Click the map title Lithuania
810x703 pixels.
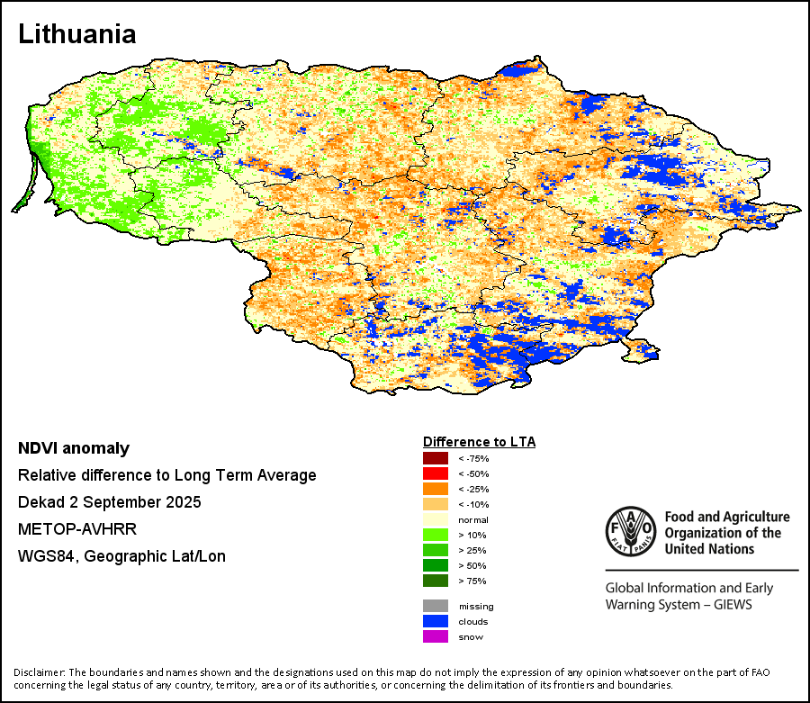pyautogui.click(x=77, y=35)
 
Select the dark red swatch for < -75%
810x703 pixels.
pyautogui.click(x=436, y=458)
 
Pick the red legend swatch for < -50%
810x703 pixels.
pyautogui.click(x=436, y=473)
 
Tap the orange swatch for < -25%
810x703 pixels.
pyautogui.click(x=436, y=489)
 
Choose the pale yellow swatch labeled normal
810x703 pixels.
pyautogui.click(x=436, y=519)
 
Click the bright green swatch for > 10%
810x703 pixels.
pyautogui.click(x=436, y=535)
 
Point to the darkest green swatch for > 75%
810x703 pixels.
pyautogui.click(x=436, y=581)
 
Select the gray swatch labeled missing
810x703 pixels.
pyautogui.click(x=436, y=606)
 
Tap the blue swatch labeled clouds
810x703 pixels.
pyautogui.click(x=436, y=621)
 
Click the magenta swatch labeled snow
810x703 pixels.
pyautogui.click(x=436, y=636)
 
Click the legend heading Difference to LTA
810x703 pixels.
pyautogui.click(x=479, y=442)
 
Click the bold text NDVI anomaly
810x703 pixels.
pyautogui.click(x=74, y=448)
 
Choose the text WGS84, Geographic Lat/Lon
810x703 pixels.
pyautogui.click(x=121, y=556)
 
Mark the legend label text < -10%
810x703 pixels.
pyautogui.click(x=473, y=504)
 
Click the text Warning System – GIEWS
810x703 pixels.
pyautogui.click(x=679, y=605)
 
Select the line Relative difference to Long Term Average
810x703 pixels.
pyautogui.click(x=166, y=475)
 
